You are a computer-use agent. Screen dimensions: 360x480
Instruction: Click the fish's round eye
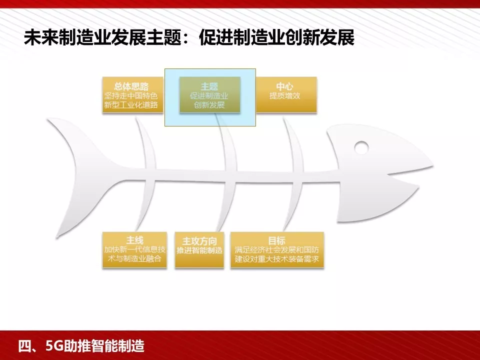[x=361, y=147]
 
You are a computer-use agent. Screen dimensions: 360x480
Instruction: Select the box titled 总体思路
[x=132, y=94]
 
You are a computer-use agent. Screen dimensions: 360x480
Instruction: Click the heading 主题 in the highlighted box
[x=209, y=86]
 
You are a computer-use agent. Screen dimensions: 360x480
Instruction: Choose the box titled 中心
[x=286, y=94]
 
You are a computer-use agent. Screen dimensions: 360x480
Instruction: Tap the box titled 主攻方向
[x=199, y=250]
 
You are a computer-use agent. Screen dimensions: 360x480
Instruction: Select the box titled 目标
[x=276, y=250]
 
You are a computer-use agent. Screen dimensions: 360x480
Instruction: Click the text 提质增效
[x=285, y=96]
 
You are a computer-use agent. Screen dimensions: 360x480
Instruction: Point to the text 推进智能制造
[x=199, y=250]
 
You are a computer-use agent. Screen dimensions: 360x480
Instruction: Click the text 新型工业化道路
[x=131, y=105]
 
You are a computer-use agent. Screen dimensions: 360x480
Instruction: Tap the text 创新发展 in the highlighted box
[x=209, y=105]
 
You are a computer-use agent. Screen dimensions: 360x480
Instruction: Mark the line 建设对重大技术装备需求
[x=276, y=260]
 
